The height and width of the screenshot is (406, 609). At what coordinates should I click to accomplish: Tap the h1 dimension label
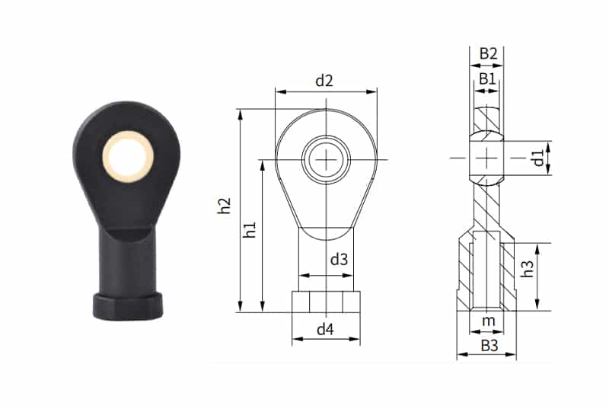[x=249, y=231]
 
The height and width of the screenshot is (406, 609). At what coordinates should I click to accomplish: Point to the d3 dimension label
[x=339, y=259]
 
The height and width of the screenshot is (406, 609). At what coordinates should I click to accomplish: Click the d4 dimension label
[x=325, y=329]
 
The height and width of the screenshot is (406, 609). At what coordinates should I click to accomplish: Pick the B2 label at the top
[x=488, y=53]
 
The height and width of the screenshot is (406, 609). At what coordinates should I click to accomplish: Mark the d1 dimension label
[x=537, y=158]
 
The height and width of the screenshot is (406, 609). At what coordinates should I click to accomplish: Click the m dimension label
[x=488, y=321]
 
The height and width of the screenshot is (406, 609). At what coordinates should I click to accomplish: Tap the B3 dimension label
[x=488, y=347]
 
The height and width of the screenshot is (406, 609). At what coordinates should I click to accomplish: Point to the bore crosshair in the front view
[x=327, y=159]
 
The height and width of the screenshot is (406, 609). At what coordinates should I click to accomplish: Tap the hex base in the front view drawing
[x=326, y=301]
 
